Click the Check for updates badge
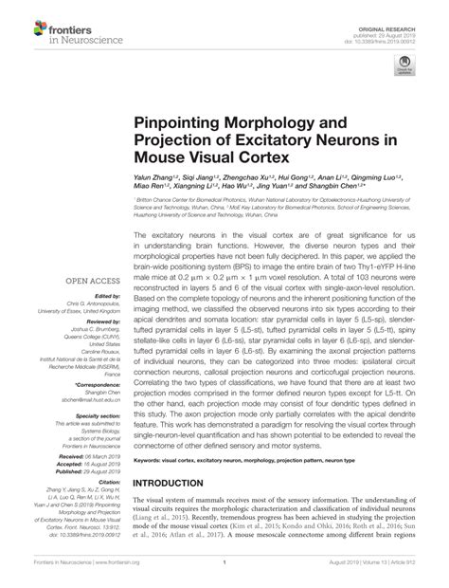pos(405,65)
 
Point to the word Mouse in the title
pos(167,157)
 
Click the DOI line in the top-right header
pos(397,26)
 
